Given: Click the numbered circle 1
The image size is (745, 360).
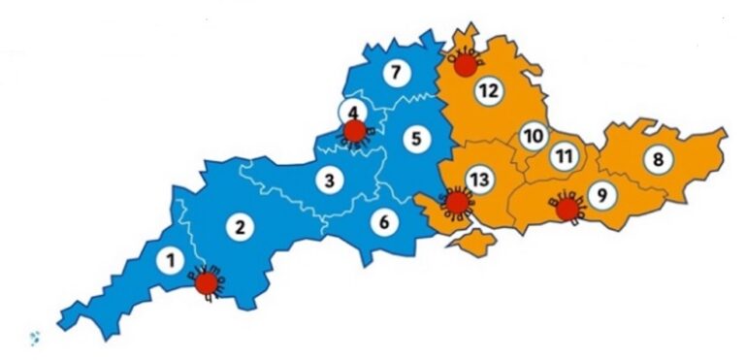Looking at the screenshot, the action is tap(171, 260).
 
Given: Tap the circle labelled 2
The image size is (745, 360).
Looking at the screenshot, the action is tap(236, 228).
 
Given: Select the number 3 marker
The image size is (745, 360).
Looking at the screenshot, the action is tap(330, 180).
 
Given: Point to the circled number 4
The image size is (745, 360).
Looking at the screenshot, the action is tap(352, 112).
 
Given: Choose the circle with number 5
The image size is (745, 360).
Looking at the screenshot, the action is tap(415, 139).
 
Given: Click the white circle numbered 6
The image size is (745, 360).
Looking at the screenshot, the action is tap(384, 222).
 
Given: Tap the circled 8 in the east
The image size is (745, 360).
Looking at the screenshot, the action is tap(658, 160).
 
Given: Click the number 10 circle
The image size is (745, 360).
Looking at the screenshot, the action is tap(532, 136).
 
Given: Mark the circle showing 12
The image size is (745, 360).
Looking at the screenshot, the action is tap(487, 91).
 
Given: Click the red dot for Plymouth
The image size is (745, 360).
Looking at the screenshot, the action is tap(206, 283).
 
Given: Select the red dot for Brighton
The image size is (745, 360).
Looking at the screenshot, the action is tap(567, 209).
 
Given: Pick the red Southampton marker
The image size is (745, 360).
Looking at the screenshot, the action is tap(454, 202).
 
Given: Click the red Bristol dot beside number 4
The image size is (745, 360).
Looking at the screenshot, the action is tap(354, 131).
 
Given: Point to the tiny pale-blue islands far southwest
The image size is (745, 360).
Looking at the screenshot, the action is tap(36, 337).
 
